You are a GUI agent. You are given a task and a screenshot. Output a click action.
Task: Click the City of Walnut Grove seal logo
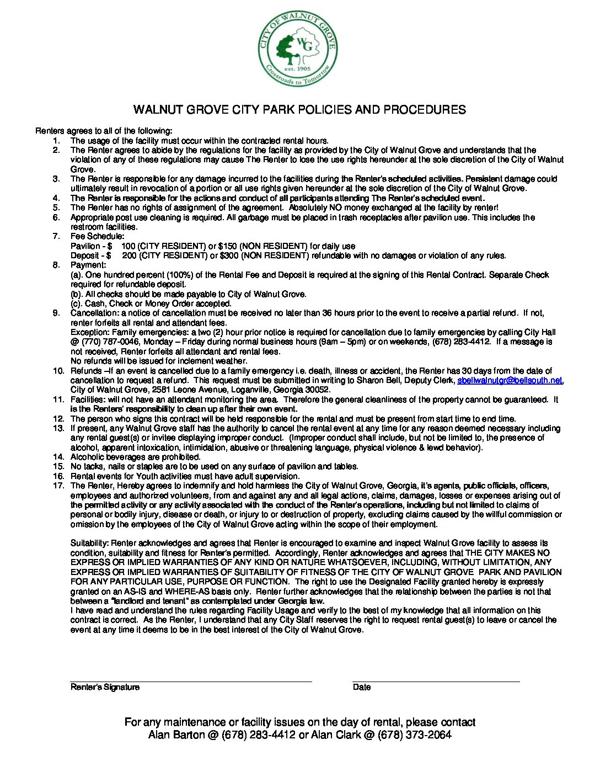click(298, 49)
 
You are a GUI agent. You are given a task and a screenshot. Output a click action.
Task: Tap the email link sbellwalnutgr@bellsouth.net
click(510, 380)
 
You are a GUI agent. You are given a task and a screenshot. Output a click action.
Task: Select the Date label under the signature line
click(362, 687)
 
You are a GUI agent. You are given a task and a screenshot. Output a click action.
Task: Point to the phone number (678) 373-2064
click(415, 735)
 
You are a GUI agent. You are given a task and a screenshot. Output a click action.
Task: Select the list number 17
click(58, 486)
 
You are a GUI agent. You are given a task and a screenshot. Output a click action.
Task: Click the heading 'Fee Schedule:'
click(98, 236)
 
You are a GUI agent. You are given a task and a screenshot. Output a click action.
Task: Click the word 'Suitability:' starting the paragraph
click(90, 543)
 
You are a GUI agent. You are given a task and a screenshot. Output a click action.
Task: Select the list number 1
click(56, 141)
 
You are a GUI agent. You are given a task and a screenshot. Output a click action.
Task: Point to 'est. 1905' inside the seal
click(298, 69)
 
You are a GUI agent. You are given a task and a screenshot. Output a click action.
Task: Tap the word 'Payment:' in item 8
click(88, 265)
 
